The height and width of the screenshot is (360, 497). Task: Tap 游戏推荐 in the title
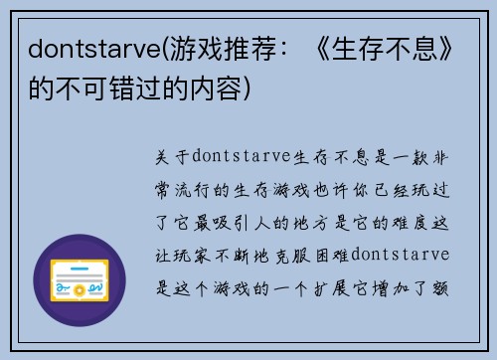pos(228,47)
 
